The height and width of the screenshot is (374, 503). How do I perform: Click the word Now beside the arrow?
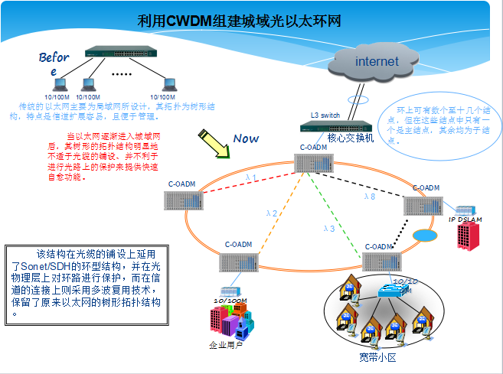[x=247, y=138]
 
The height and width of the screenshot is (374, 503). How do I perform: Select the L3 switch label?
[x=325, y=115]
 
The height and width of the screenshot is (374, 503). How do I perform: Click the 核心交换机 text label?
[x=350, y=138]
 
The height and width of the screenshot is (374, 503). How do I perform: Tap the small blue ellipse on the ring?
[x=422, y=235]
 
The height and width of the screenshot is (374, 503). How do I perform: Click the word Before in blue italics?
[x=54, y=63]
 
